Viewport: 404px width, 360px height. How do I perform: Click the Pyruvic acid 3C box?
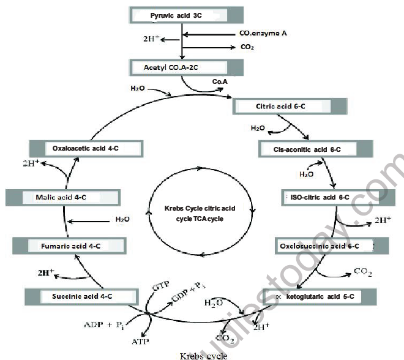pos(187,14)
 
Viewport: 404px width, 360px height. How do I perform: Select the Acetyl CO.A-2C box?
pos(187,66)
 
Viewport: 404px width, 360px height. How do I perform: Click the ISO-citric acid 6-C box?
pos(324,197)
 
